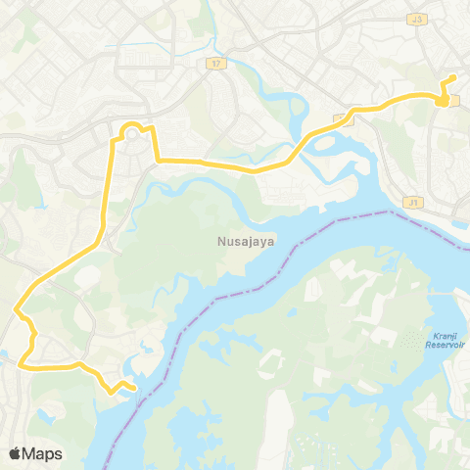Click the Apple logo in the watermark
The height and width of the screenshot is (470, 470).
click(15, 453)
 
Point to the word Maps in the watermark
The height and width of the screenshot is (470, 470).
click(43, 453)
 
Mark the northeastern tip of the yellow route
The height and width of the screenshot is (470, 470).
click(453, 77)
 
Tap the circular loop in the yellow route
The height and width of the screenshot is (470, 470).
click(130, 130)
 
